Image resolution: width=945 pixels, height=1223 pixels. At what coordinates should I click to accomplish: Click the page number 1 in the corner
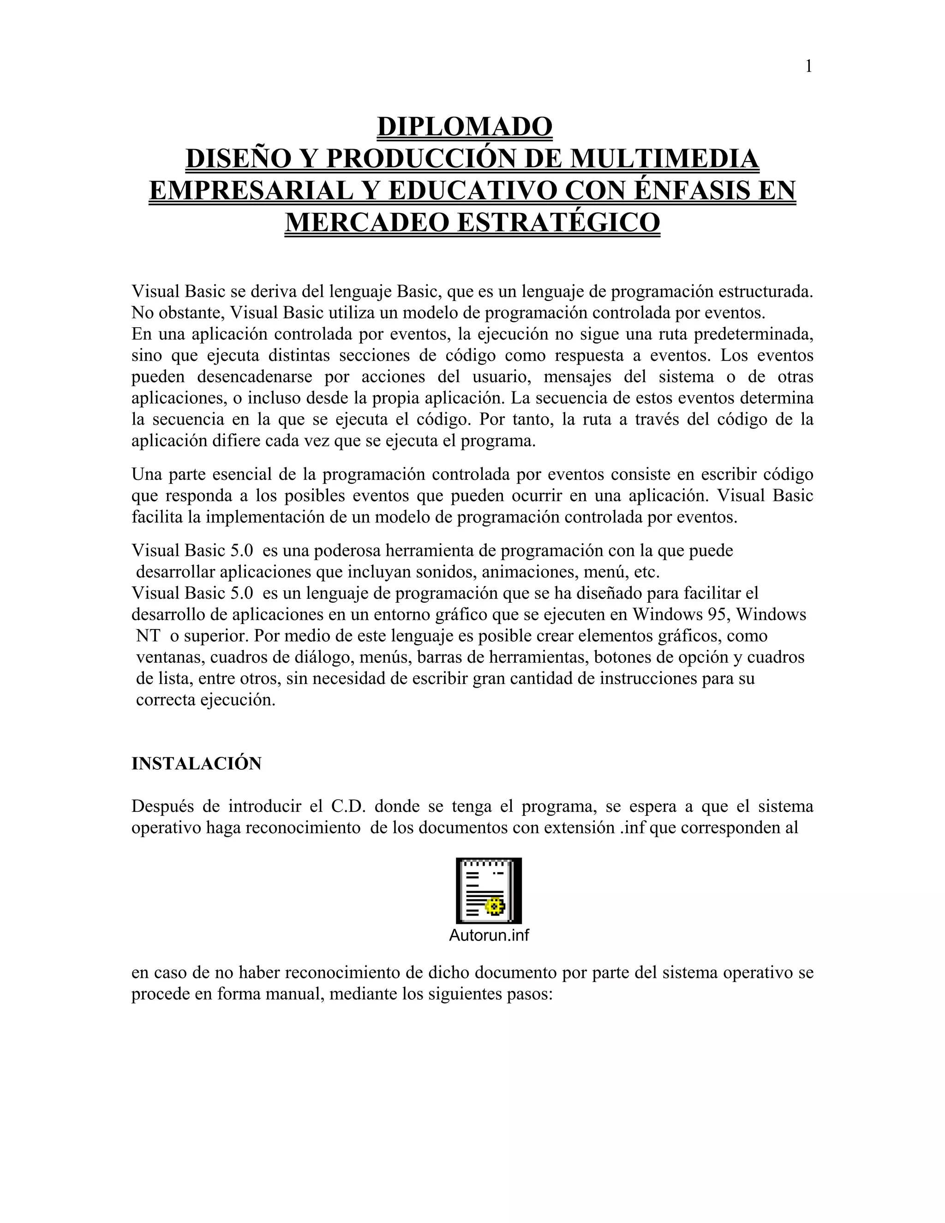(x=808, y=66)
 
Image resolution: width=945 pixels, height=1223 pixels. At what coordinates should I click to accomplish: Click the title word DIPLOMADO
(x=465, y=126)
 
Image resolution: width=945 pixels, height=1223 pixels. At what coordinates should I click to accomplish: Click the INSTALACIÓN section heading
(x=197, y=764)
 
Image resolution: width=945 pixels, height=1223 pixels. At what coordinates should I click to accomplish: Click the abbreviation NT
(x=148, y=636)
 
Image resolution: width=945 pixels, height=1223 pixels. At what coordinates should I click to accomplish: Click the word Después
(x=162, y=807)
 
